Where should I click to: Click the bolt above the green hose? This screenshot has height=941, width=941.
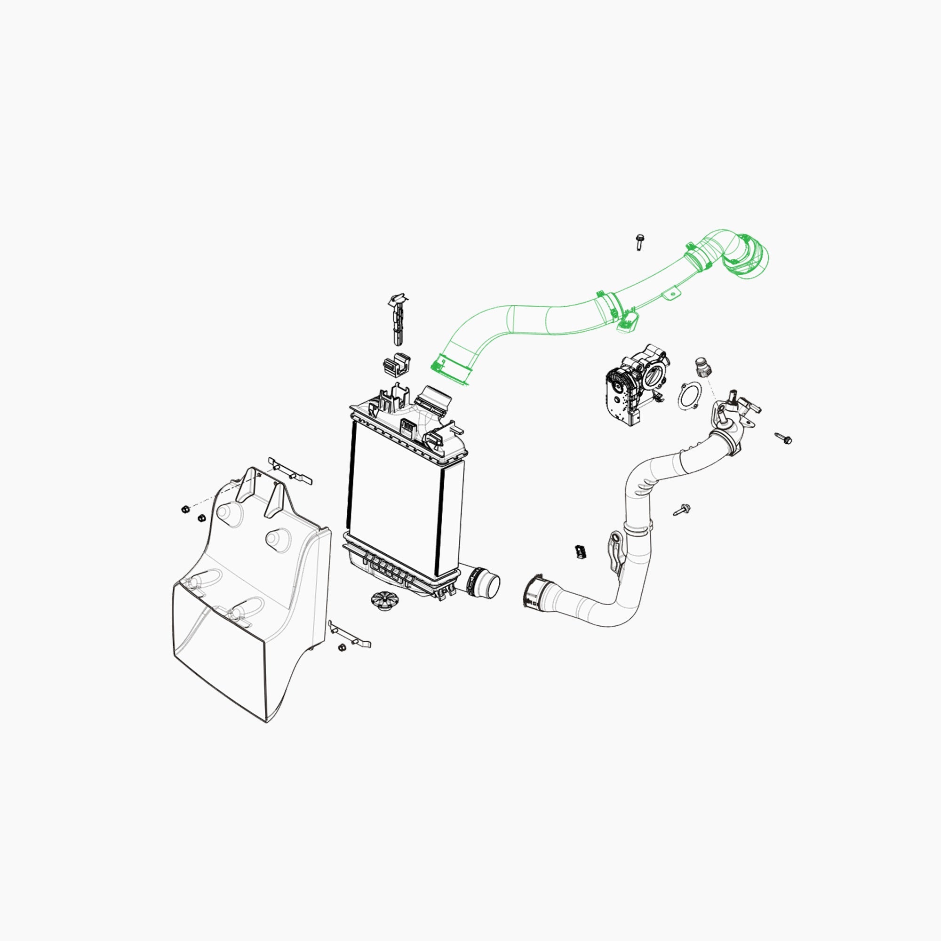coord(638,241)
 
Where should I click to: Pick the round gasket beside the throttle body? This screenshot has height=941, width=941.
coord(690,396)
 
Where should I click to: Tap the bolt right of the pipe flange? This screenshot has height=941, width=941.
coord(784,439)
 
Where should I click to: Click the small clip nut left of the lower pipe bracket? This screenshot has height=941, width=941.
coord(580,551)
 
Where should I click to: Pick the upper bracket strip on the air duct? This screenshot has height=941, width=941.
coord(290,470)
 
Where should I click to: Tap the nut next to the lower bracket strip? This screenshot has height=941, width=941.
coord(342,647)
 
